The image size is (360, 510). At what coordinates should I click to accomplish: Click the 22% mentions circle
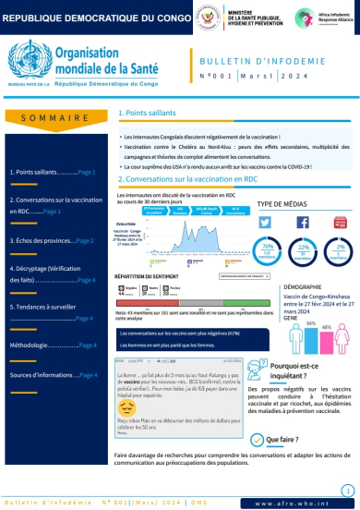pos(303,225)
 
